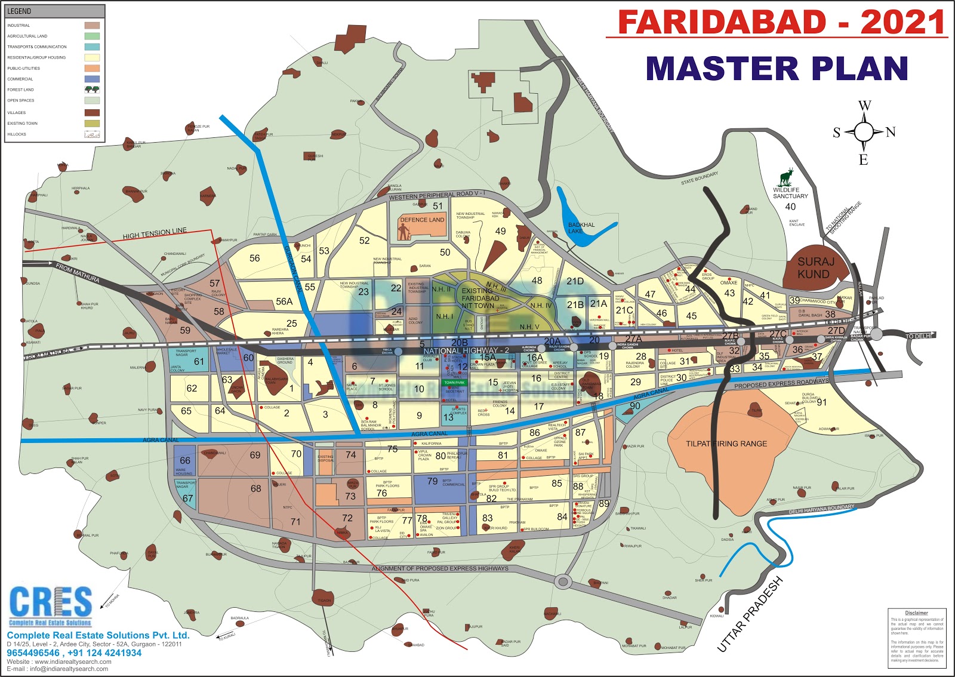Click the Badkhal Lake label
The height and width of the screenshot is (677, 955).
(581, 228)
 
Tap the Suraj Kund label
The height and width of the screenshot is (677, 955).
(814, 268)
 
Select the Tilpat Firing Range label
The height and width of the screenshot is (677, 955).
(726, 444)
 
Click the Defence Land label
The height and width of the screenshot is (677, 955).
(422, 220)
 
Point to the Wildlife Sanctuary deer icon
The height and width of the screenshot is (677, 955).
(787, 177)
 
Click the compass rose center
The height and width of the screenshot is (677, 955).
(864, 132)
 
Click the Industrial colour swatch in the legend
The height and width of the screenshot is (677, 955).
(92, 26)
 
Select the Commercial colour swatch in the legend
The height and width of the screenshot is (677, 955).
(92, 79)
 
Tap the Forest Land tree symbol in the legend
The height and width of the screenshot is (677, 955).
(92, 90)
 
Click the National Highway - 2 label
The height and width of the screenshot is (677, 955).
(466, 350)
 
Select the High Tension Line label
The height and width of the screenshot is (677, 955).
(155, 233)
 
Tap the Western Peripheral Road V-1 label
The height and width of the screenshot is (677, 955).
(436, 195)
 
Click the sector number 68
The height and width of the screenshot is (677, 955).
(256, 488)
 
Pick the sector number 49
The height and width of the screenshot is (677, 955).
(500, 231)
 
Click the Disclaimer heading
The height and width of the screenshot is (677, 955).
(916, 613)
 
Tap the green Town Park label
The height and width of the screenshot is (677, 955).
(454, 383)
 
